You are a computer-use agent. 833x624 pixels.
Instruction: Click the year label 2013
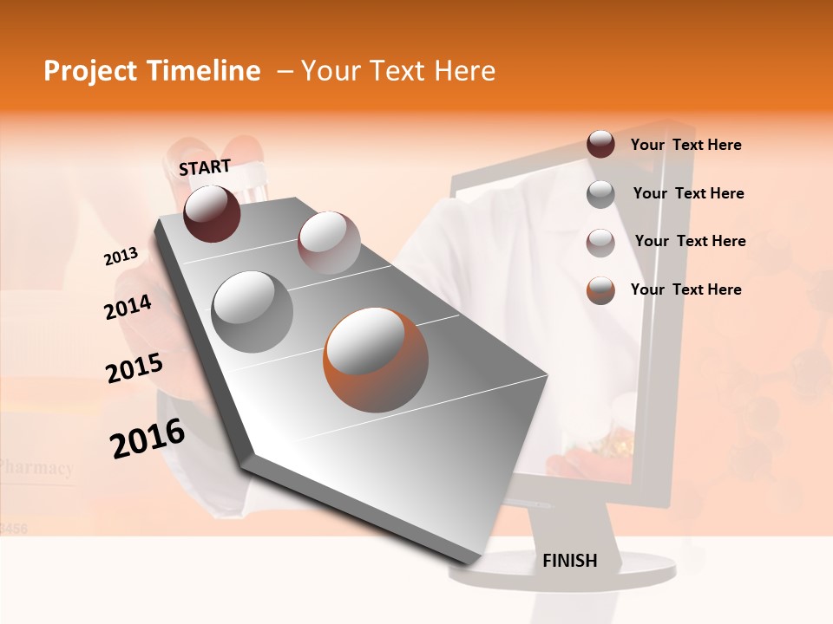121,256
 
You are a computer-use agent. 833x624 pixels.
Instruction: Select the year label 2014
128,307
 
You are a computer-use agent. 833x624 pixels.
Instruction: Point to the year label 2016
148,439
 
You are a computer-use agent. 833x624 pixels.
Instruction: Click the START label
205,167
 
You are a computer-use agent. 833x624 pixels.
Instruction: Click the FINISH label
570,561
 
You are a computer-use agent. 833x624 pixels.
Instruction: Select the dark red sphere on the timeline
213,213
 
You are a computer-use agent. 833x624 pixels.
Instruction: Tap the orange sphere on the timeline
376,359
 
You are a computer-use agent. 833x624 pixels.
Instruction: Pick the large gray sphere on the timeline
253,312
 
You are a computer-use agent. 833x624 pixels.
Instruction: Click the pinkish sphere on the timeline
329,243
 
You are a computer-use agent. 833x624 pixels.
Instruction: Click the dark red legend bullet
600,145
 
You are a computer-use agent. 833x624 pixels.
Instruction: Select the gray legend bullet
600,194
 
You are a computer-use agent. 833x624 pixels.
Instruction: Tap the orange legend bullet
600,290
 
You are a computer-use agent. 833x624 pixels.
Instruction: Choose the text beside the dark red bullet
685,146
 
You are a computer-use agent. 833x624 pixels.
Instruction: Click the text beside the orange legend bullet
685,289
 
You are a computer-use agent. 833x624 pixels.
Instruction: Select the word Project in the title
89,71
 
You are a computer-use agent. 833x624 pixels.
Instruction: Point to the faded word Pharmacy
36,469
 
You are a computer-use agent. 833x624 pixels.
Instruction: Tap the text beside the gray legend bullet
688,193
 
